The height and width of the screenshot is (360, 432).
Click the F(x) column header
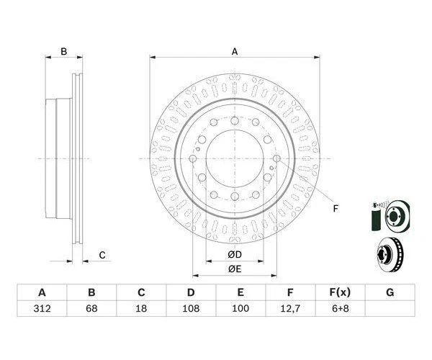[x=340, y=292]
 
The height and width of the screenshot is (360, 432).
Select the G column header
[x=390, y=292]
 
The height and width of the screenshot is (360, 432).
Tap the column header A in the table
[x=42, y=292]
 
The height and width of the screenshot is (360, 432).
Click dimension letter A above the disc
[x=235, y=51]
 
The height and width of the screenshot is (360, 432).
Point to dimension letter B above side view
[x=63, y=51]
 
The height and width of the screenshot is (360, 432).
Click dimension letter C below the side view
[x=102, y=254]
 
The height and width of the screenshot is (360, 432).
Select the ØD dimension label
[x=235, y=255]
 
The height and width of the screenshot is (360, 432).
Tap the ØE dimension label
[x=235, y=269]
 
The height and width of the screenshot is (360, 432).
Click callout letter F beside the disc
[x=335, y=210]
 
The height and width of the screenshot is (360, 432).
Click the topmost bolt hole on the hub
[x=235, y=120]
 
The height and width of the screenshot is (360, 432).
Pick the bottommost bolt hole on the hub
[x=235, y=196]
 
